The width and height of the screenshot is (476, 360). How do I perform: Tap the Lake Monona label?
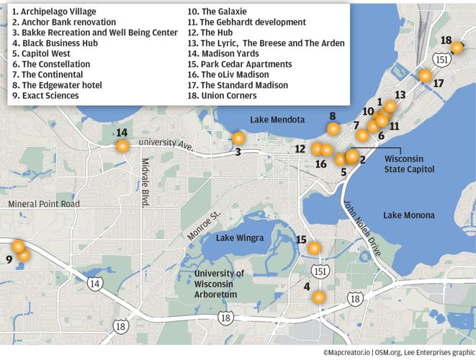coord(408,215)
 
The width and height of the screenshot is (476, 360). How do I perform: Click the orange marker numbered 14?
coord(122,146)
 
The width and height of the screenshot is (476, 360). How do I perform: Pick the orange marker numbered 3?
coord(238,138)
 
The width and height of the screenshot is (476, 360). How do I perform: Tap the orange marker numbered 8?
coord(333,129)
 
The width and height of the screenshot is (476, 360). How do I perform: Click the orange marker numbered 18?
coord(456,48)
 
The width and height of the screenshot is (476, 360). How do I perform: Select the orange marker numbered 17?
coord(425,75)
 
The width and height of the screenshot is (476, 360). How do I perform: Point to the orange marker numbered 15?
coord(314,249)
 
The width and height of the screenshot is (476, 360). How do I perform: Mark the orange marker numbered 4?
coord(318,297)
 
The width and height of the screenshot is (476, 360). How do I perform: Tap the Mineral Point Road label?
coord(43,204)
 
